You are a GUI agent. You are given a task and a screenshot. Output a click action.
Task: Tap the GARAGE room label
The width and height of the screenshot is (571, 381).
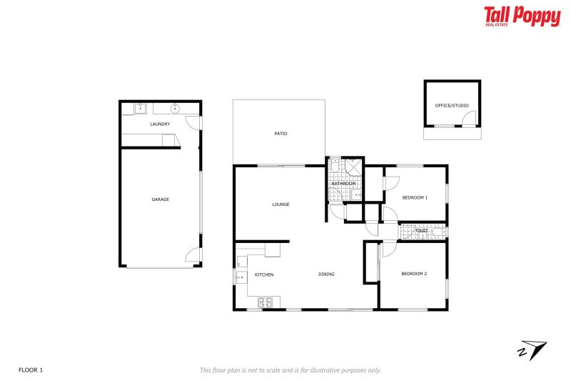[160, 199]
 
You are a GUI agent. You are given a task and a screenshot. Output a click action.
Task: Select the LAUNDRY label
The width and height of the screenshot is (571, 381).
[160, 124]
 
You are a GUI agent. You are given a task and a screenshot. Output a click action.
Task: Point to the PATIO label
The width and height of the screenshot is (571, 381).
[281, 134]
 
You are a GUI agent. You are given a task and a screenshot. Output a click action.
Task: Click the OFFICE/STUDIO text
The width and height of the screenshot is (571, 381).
[452, 106]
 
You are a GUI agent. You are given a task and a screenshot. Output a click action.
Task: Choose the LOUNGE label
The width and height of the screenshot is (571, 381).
[281, 204]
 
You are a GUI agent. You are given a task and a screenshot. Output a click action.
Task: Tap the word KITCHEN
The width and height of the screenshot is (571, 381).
[264, 274]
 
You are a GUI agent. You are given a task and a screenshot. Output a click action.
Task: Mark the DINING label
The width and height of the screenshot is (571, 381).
[326, 274]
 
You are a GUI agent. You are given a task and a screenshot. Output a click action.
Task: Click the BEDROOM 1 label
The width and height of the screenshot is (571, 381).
[415, 197]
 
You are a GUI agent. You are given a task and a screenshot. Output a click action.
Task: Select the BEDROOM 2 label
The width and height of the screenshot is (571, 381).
[413, 274]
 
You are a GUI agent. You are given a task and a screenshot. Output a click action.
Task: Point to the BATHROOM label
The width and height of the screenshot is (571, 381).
[343, 184]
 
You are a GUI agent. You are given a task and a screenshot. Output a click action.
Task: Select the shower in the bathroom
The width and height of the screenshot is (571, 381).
[354, 169]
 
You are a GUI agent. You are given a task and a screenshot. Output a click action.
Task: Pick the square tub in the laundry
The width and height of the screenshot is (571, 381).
[141, 109]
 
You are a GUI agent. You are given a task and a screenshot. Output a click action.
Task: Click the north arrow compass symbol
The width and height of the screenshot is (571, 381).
[532, 350]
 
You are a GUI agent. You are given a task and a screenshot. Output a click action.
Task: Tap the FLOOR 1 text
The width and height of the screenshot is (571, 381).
[31, 370]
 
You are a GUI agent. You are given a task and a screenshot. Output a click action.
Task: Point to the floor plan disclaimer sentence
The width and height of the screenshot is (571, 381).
[290, 370]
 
